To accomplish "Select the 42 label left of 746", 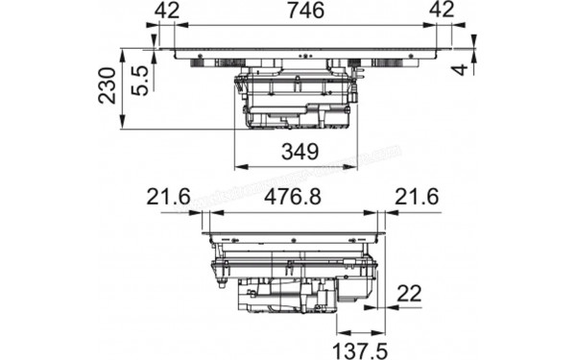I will pyautogui.click(x=169, y=11).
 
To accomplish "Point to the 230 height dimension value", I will pyautogui.click(x=108, y=86).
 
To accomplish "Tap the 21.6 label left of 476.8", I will pyautogui.click(x=168, y=197).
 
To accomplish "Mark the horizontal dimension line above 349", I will pyautogui.click(x=296, y=166).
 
